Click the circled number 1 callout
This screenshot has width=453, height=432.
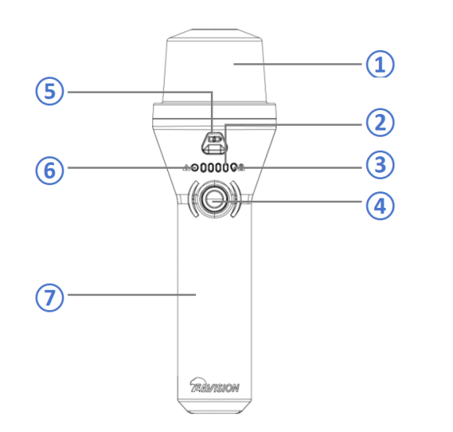coord(380,64)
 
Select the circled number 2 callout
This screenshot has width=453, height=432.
coord(380,122)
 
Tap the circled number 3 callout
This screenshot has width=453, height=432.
coord(380,164)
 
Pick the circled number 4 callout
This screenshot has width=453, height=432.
coord(380,206)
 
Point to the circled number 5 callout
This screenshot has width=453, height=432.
coord(50,91)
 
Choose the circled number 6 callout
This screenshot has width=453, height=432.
coord(50,170)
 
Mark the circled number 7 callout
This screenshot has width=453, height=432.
coord(50,298)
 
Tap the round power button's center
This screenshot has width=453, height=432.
coord(214,199)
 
